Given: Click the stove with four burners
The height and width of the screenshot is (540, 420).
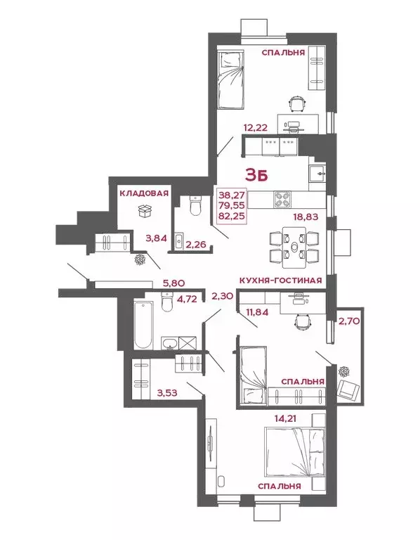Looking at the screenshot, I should pyautogui.click(x=282, y=198).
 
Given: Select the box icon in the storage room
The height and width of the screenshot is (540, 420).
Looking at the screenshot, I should pyautogui.click(x=145, y=210).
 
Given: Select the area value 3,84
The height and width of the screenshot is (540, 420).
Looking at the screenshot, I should pyautogui.click(x=156, y=238).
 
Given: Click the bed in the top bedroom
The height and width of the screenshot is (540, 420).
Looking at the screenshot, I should pyautogui.click(x=231, y=79).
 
